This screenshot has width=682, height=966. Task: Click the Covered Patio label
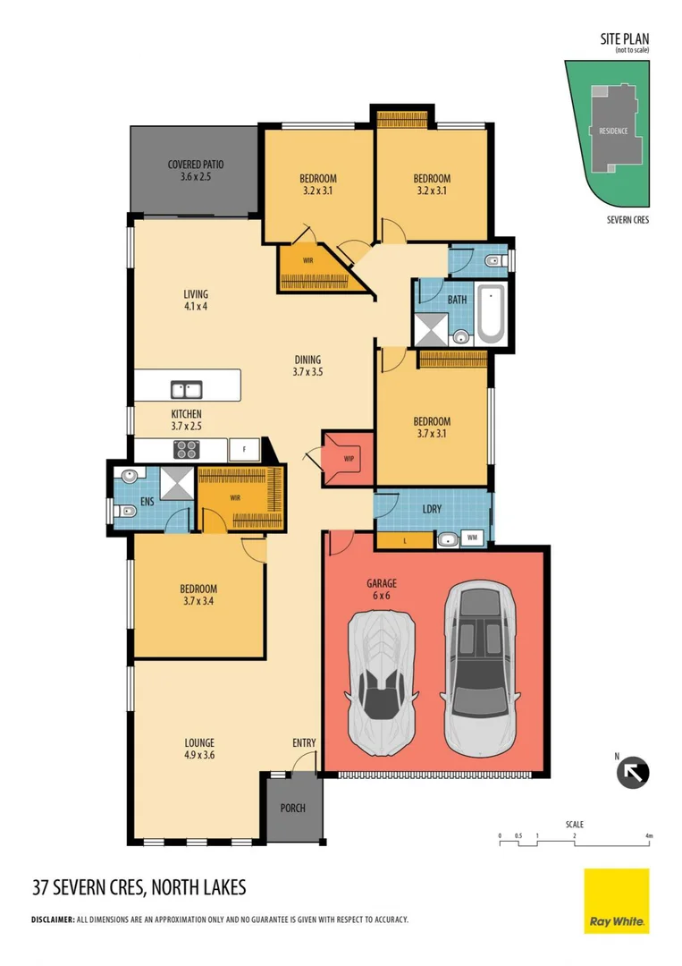196,170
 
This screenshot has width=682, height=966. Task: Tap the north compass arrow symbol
633,772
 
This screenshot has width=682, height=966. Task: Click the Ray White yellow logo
616,901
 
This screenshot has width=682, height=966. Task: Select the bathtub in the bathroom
490,313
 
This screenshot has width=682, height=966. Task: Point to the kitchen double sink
187,390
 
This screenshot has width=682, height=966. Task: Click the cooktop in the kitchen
187,448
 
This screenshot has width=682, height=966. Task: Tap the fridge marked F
243,448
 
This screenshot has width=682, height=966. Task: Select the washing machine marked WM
471,538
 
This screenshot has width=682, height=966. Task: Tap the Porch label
292,808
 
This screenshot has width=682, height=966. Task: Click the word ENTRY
304,743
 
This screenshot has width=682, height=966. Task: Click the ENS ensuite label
147,502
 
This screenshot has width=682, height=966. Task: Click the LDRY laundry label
432,509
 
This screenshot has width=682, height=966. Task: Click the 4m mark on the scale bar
649,835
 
